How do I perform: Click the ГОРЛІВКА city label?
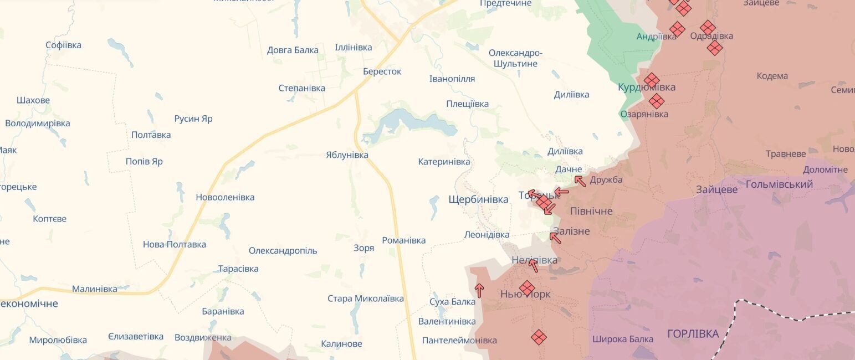tap(693, 334)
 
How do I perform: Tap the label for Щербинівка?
tap(478, 199)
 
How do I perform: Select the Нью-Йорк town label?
tap(525, 294)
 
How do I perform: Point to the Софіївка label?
tap(63, 45)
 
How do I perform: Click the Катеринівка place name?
tap(444, 162)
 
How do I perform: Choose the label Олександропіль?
tap(283, 250)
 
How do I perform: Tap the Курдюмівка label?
tap(647, 88)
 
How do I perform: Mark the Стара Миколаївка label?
tap(365, 299)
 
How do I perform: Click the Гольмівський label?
tap(779, 184)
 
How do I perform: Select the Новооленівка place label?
tap(225, 197)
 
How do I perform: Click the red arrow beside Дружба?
tap(580, 181)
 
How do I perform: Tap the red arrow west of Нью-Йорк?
tap(479, 290)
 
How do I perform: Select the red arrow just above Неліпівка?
tap(533, 266)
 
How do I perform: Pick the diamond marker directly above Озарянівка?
tap(657, 101)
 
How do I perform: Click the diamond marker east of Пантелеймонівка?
tap(539, 337)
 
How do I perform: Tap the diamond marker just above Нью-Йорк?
tap(527, 287)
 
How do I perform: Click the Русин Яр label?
tap(193, 119)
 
